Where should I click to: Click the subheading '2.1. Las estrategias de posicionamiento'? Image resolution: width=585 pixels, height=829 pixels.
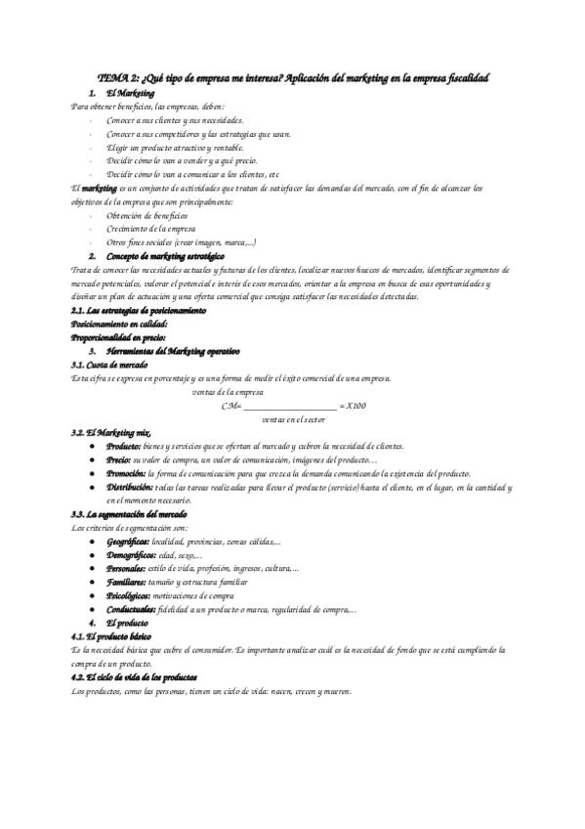coord(139,310)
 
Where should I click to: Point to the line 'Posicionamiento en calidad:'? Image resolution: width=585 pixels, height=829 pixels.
coord(120,324)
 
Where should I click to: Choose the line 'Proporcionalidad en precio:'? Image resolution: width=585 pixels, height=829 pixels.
coord(120,337)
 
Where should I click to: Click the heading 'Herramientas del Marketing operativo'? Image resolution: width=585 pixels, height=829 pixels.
coord(172,350)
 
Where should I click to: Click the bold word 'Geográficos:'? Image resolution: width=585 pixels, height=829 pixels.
coord(129,541)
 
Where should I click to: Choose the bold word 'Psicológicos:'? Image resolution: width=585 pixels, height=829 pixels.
coord(129,594)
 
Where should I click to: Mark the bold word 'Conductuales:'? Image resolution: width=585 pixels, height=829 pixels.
coord(131,608)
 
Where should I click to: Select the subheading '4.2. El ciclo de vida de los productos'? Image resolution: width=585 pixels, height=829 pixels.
coord(135,676)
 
